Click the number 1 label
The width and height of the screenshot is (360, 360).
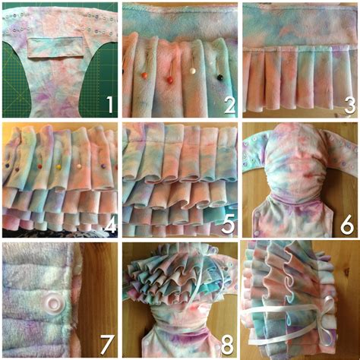[x=107, y=102]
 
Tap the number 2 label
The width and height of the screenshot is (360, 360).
[x=227, y=103]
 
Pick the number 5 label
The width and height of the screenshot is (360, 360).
[x=227, y=225]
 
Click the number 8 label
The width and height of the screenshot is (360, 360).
[x=227, y=346]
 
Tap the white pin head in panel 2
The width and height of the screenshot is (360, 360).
[x=194, y=71]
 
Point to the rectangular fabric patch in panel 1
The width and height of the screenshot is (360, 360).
[x=55, y=47]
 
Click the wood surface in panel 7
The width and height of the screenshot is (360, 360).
[x=99, y=289]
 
